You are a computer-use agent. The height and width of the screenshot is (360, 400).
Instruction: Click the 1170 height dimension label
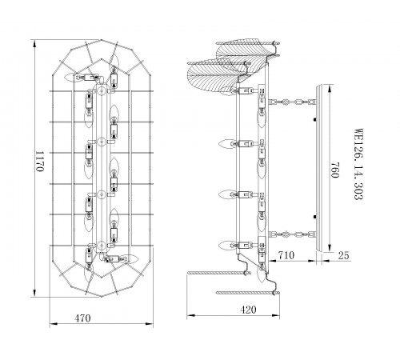(39, 162)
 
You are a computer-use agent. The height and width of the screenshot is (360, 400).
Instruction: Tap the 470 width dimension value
(82, 318)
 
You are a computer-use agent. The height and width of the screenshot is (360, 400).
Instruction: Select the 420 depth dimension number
(248, 310)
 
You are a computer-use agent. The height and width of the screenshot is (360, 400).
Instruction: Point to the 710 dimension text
(286, 255)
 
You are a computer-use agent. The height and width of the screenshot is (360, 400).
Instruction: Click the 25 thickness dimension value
(343, 255)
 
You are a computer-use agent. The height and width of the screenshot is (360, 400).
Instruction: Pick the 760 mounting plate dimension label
(334, 170)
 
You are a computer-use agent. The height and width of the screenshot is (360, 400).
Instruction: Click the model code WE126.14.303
(358, 164)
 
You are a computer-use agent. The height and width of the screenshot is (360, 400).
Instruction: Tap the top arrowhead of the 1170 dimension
(34, 43)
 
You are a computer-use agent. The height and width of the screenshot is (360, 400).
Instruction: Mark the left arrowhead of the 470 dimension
(54, 324)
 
